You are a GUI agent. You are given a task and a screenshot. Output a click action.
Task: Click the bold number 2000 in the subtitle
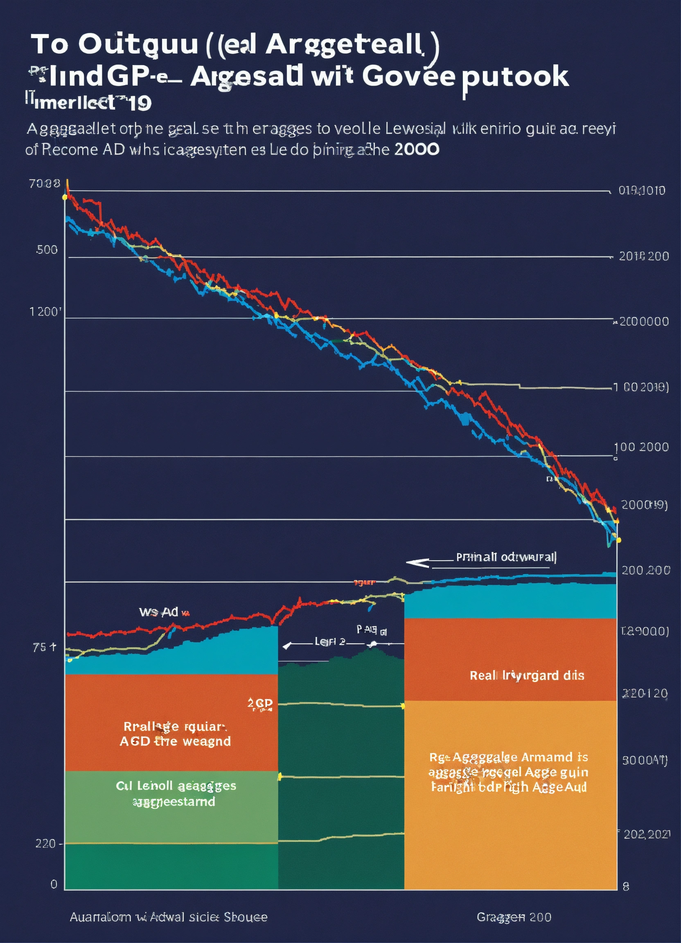(417, 149)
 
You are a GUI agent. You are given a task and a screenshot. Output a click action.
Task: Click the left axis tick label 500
(47, 250)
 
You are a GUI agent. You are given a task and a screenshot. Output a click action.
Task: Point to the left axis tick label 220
(45, 844)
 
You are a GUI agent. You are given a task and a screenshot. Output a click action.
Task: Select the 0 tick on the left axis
(54, 884)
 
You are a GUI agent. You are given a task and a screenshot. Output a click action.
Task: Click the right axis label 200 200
(646, 570)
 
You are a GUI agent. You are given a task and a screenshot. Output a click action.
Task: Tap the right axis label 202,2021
(647, 835)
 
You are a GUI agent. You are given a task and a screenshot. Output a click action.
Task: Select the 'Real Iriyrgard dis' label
(527, 676)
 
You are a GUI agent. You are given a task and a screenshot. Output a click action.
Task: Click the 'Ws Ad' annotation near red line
(159, 612)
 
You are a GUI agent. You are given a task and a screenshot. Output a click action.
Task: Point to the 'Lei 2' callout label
(330, 641)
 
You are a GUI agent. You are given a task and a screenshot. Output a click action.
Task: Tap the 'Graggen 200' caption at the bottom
(514, 917)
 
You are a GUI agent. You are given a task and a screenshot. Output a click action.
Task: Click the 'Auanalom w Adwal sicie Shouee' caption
(168, 917)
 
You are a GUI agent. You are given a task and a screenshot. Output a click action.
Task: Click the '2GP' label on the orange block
(260, 703)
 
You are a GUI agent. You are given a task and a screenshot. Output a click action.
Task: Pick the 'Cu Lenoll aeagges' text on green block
(176, 786)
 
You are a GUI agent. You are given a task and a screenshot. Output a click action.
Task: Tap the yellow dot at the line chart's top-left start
(64, 197)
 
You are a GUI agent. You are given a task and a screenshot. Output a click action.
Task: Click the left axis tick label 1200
(45, 312)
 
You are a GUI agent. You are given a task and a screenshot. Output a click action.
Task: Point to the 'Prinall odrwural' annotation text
(506, 557)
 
